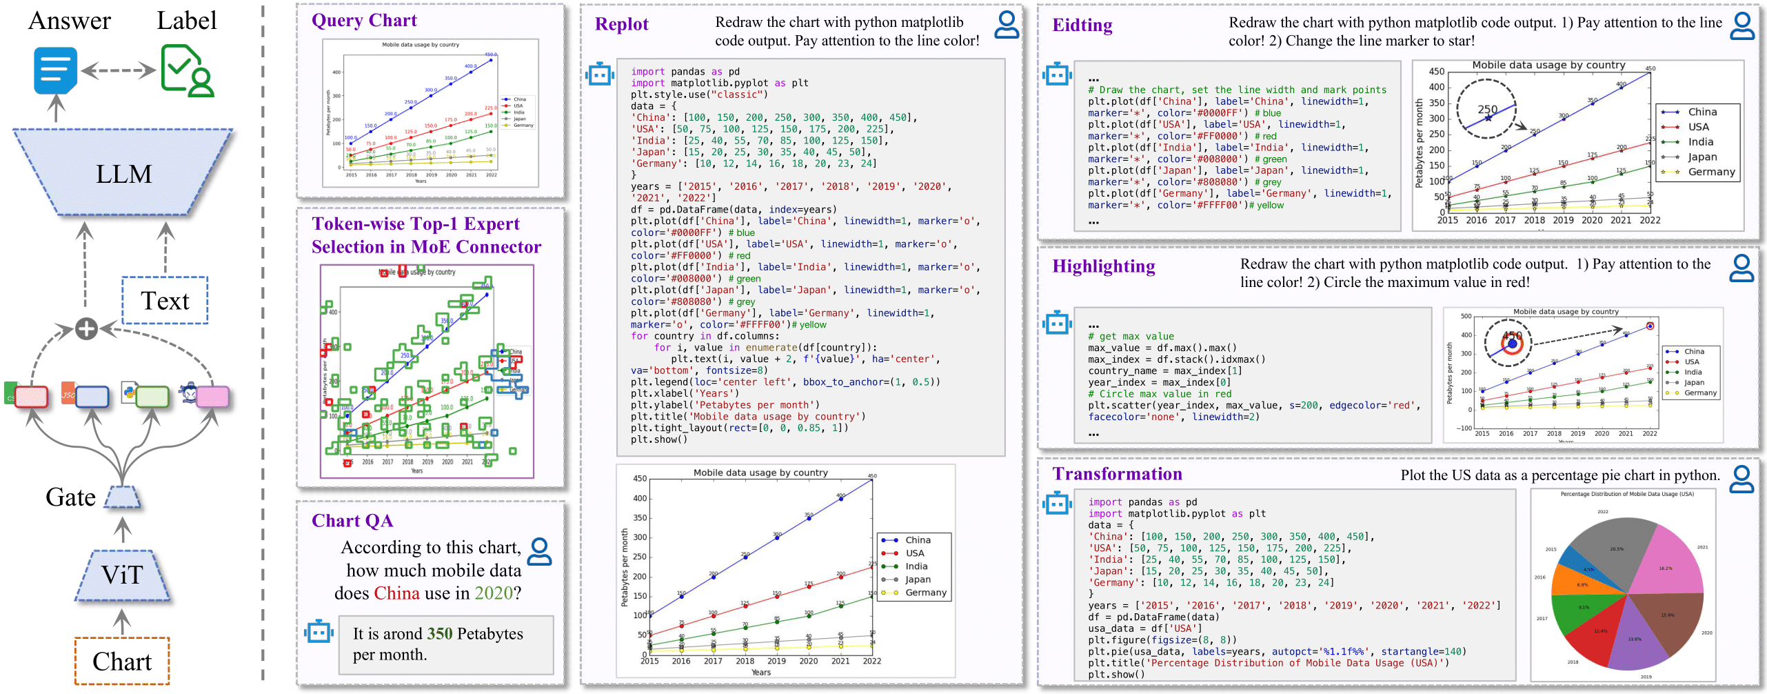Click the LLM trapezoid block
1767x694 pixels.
click(123, 172)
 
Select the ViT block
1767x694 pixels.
click(122, 575)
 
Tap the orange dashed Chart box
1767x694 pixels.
click(122, 661)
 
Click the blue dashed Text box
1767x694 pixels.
click(165, 301)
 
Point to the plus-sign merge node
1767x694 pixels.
click(86, 328)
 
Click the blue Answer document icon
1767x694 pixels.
click(55, 70)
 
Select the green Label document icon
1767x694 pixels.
click(186, 70)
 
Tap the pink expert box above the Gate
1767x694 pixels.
click(212, 397)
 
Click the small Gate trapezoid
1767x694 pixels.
click(123, 497)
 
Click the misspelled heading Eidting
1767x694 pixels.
click(1082, 26)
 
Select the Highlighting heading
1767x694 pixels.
click(1103, 266)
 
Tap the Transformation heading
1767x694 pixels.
click(1116, 474)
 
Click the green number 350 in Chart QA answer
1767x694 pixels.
click(440, 633)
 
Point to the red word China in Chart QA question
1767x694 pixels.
click(396, 593)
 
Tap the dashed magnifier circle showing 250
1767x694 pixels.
click(1486, 109)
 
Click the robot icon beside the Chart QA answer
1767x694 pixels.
click(319, 631)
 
